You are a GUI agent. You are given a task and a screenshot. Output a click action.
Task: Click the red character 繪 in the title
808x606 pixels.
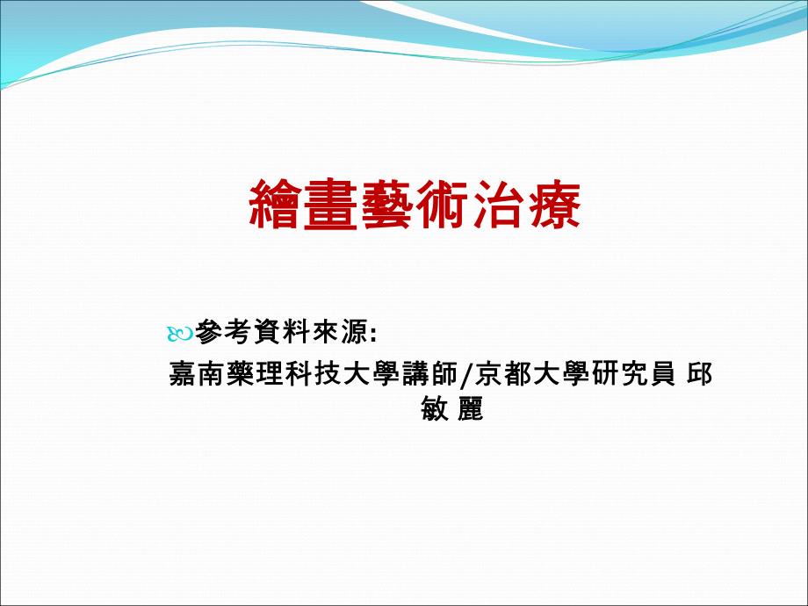click(x=275, y=205)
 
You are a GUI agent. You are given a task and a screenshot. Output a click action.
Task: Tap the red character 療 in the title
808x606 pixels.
click(x=553, y=205)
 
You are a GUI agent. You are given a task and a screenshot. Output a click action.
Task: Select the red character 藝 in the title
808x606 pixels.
click(x=386, y=205)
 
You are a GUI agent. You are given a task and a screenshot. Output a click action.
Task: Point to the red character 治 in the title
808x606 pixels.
click(x=498, y=205)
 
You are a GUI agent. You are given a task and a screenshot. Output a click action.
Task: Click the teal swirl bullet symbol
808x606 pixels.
click(x=180, y=335)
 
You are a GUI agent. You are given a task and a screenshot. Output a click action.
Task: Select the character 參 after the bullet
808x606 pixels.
click(x=210, y=332)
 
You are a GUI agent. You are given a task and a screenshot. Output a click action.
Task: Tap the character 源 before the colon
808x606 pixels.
click(x=354, y=332)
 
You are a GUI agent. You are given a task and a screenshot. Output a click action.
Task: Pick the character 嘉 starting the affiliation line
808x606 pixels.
click(x=183, y=374)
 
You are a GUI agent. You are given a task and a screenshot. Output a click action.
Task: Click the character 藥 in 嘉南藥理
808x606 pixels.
click(x=241, y=374)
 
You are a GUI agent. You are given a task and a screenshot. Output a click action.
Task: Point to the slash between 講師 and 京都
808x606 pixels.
click(x=466, y=375)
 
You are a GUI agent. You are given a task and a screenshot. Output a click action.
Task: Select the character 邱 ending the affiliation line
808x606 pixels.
click(x=700, y=374)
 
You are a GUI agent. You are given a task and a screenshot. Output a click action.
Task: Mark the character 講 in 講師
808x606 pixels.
click(x=414, y=374)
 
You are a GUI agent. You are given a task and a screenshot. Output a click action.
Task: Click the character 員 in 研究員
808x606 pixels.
click(x=661, y=374)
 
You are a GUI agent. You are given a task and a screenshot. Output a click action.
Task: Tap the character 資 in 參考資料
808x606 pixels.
click(x=268, y=332)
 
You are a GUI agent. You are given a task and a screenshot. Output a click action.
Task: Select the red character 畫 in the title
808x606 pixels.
click(x=331, y=205)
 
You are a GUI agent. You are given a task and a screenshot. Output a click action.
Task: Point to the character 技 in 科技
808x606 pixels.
click(x=328, y=374)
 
